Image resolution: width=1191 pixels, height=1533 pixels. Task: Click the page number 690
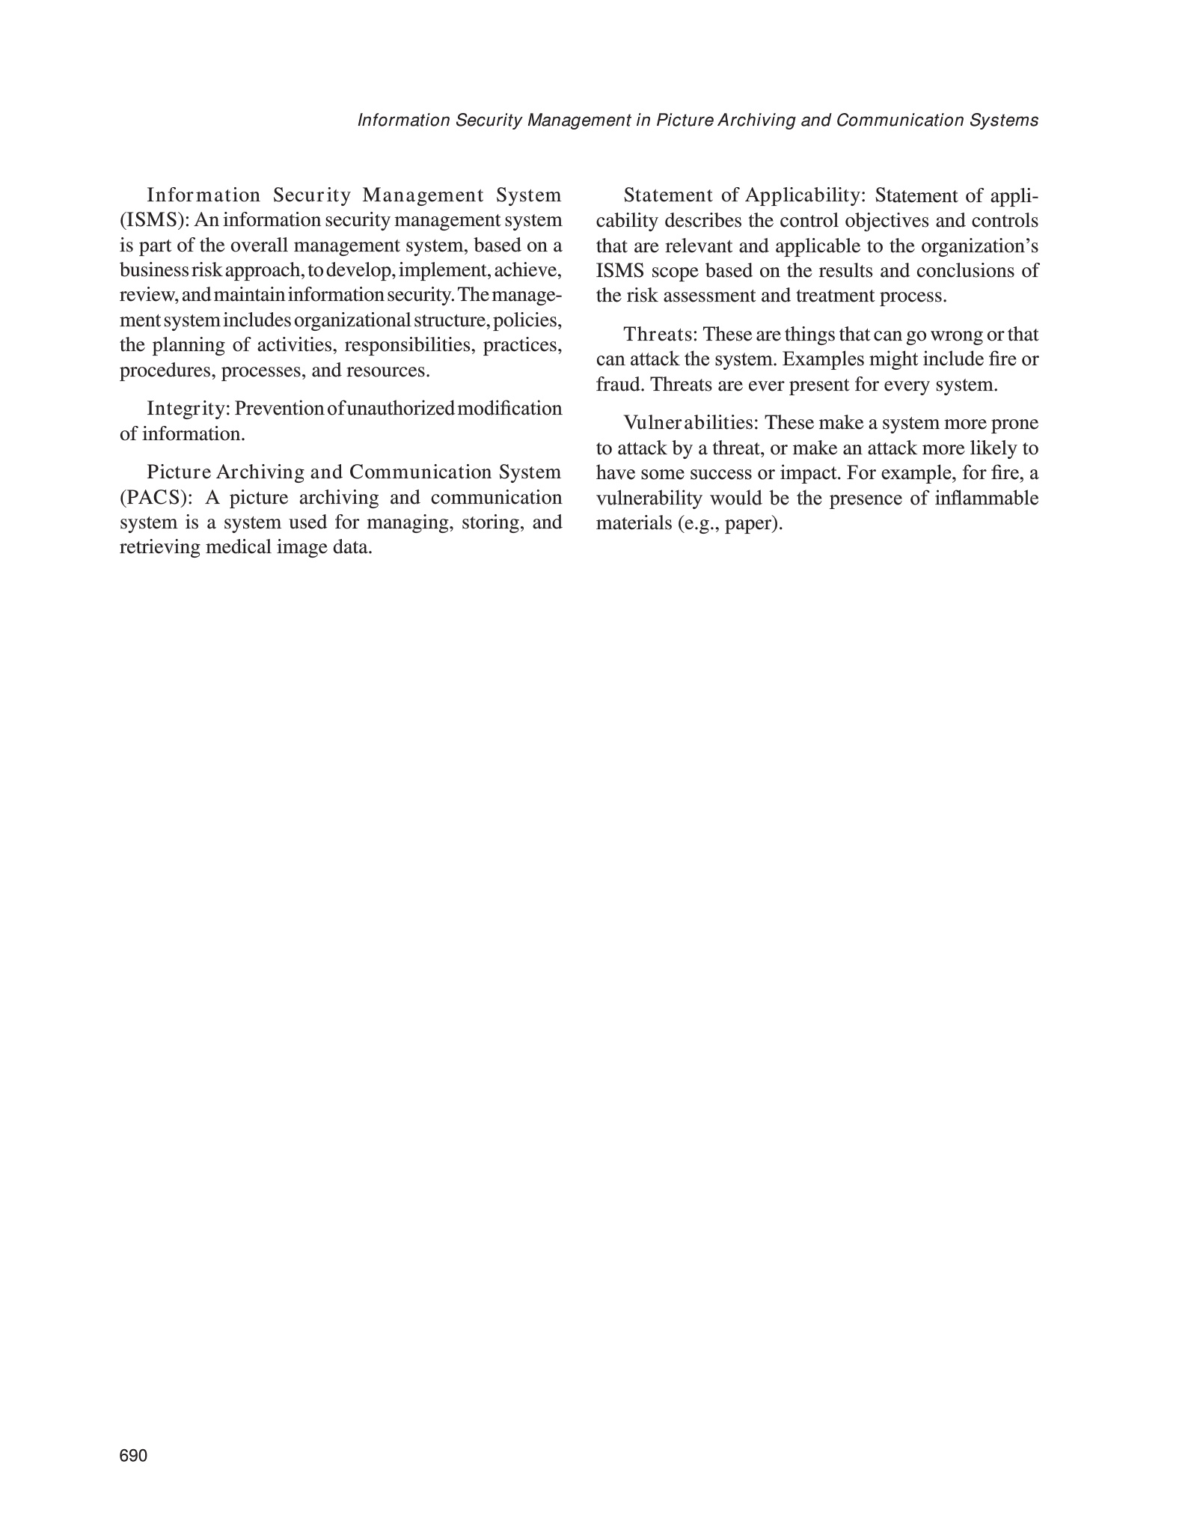(x=134, y=1456)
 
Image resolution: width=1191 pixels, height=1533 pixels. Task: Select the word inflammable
(x=987, y=498)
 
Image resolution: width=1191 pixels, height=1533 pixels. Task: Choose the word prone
(x=1014, y=423)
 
